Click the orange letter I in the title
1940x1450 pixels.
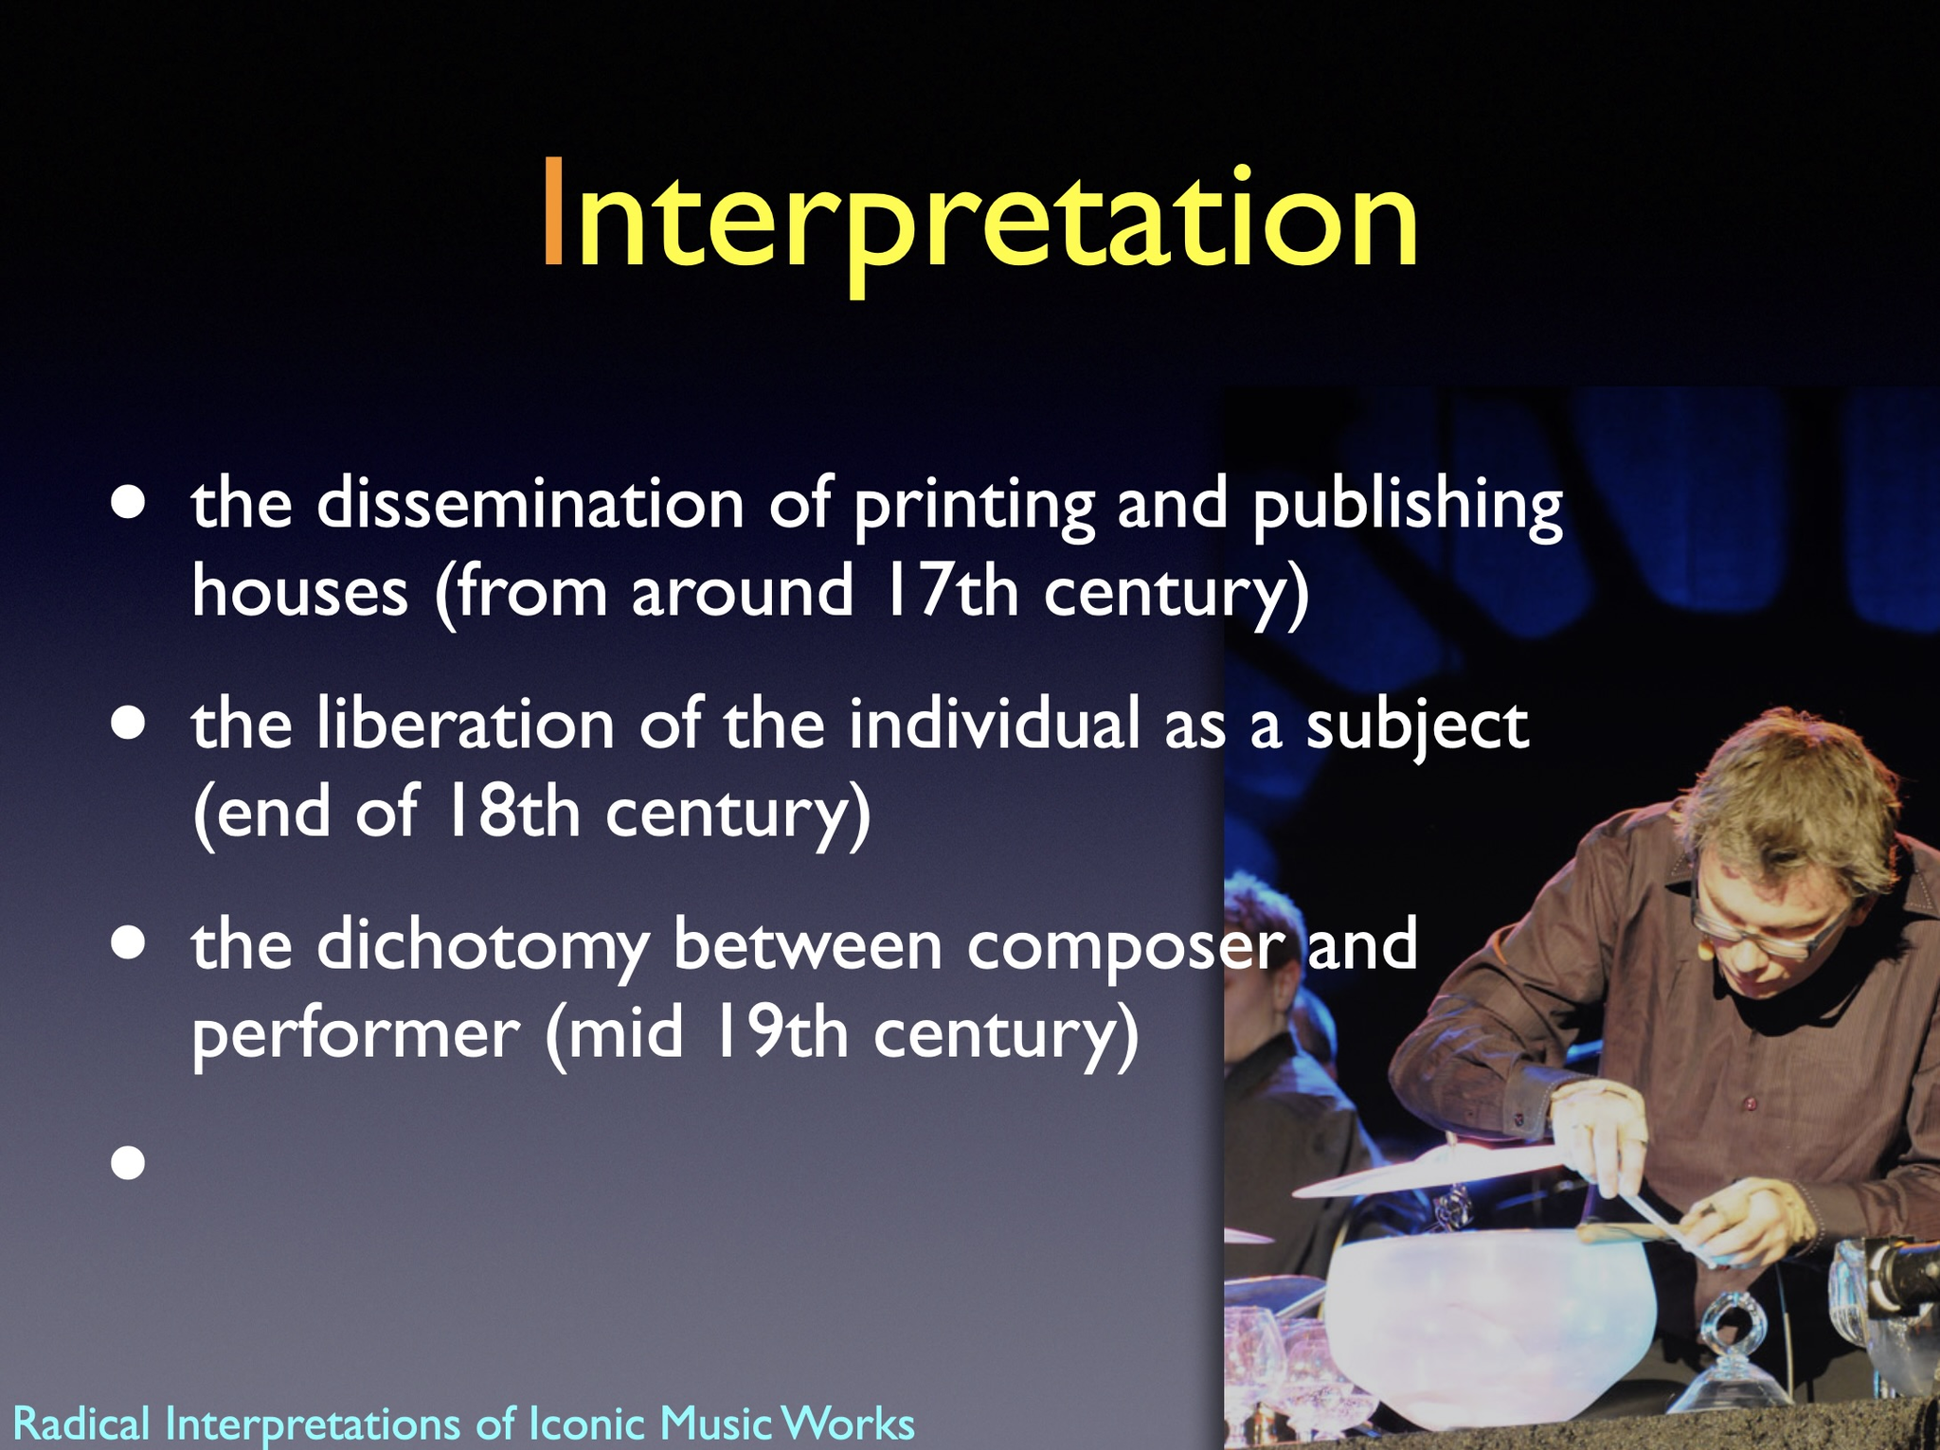pyautogui.click(x=553, y=215)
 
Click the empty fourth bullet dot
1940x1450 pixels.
pyautogui.click(x=128, y=1162)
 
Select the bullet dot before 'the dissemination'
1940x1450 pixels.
pyautogui.click(x=128, y=503)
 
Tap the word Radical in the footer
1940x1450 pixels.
pyautogui.click(x=81, y=1423)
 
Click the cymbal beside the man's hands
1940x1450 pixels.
pyautogui.click(x=1430, y=1170)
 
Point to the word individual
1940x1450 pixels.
pyautogui.click(x=994, y=724)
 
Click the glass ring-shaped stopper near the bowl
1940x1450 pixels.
pyautogui.click(x=1730, y=1326)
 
